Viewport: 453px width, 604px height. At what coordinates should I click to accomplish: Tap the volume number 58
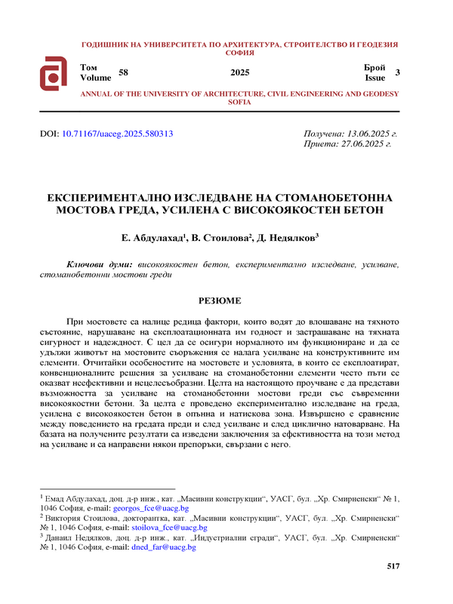pos(125,72)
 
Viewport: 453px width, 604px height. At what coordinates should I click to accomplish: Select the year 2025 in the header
pos(239,72)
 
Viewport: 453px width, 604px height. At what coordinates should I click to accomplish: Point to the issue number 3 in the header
pos(398,72)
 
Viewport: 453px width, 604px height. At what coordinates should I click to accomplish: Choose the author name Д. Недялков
pos(288,238)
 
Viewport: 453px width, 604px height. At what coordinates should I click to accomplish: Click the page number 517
pos(393,566)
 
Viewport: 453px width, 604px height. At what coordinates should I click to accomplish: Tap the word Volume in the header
pos(94,77)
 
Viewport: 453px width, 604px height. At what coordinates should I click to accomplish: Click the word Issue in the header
pos(375,77)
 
